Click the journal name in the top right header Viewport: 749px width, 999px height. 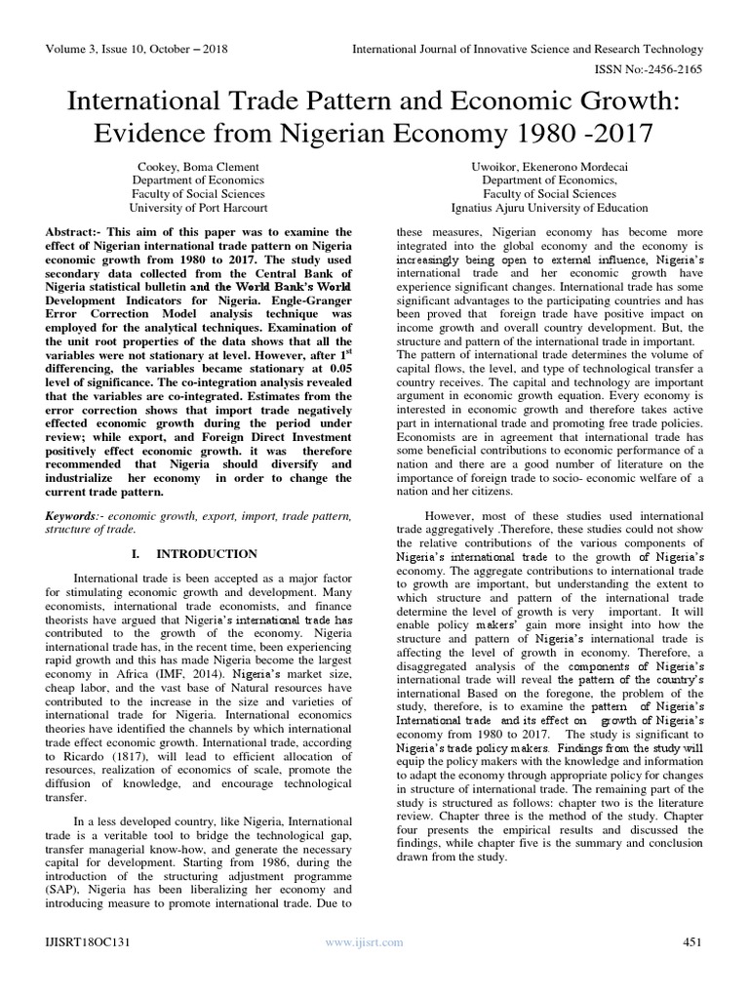coord(527,48)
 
